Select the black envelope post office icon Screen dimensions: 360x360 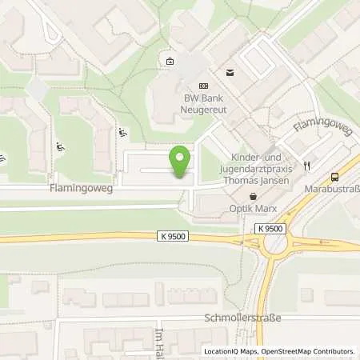pyautogui.click(x=230, y=72)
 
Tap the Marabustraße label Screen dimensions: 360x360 pyautogui.click(x=332, y=191)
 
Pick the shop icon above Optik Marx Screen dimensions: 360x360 pyautogui.click(x=254, y=196)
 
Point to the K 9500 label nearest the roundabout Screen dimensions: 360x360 pyautogui.click(x=270, y=229)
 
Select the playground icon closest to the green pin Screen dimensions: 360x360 pyautogui.click(x=122, y=133)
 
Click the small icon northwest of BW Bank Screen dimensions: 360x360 pyautogui.click(x=169, y=62)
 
